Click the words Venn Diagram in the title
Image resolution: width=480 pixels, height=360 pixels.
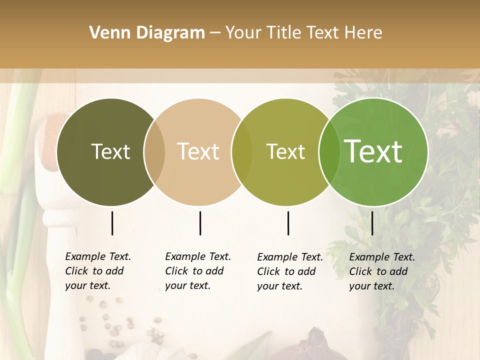(x=146, y=33)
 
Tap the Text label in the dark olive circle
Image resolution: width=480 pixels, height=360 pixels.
(x=110, y=151)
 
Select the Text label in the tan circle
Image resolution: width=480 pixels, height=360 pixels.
(x=198, y=151)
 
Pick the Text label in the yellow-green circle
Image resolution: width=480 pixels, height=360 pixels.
(x=285, y=151)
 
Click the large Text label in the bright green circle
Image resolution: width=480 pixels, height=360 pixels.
(x=373, y=151)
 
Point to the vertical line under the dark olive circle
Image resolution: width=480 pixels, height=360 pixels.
(x=112, y=223)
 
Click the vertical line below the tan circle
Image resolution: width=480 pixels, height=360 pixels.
(x=200, y=223)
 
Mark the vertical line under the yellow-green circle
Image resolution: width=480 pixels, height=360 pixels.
(x=288, y=223)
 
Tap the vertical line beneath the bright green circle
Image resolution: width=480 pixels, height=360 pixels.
(x=372, y=223)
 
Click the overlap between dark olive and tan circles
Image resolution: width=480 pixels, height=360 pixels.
(x=154, y=152)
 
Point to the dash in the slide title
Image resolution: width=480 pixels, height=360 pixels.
(x=215, y=33)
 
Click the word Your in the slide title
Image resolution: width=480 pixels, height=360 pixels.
(x=244, y=33)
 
